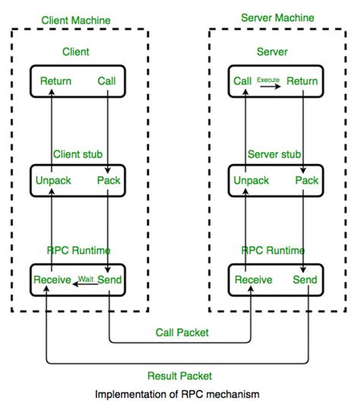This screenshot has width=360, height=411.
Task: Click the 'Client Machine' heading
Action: (x=77, y=20)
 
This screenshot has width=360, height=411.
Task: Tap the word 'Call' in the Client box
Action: (x=107, y=81)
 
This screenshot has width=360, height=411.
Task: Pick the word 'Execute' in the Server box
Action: (x=269, y=79)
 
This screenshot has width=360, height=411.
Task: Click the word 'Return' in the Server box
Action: (x=302, y=81)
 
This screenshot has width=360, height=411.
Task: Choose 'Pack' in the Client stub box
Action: (x=109, y=181)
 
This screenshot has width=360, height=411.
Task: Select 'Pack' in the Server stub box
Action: (x=306, y=181)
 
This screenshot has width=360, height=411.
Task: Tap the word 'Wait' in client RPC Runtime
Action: (x=86, y=278)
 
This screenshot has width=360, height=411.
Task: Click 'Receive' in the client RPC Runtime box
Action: (x=52, y=280)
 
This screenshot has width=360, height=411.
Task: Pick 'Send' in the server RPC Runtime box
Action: (x=305, y=280)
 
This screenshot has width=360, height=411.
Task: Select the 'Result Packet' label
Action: (x=180, y=375)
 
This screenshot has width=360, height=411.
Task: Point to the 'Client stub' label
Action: (x=78, y=154)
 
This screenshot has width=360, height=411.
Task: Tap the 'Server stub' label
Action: (x=274, y=154)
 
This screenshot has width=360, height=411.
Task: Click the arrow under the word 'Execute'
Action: (x=269, y=86)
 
